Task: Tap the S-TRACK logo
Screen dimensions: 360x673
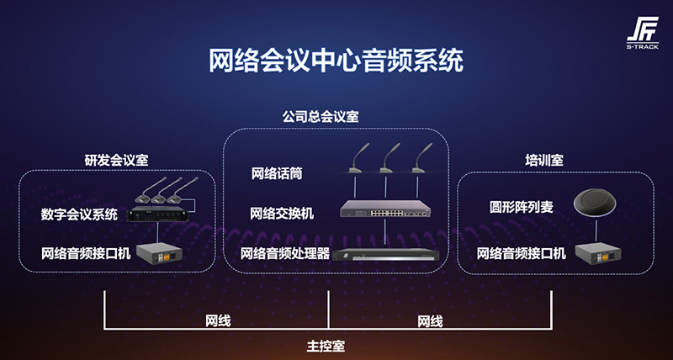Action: coord(642,34)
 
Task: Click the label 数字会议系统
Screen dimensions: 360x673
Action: coord(79,214)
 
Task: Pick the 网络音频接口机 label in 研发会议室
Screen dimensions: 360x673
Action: coord(86,252)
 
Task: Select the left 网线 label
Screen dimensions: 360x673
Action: coord(218,321)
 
